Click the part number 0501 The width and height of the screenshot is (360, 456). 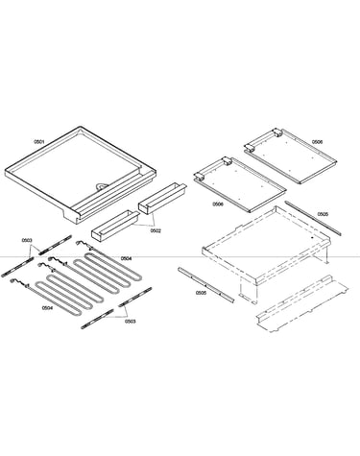[x=39, y=141]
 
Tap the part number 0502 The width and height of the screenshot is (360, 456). [x=156, y=230]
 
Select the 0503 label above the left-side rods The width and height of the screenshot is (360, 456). [x=27, y=240]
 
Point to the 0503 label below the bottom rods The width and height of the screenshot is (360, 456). [x=131, y=321]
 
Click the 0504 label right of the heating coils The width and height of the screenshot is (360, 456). [x=126, y=258]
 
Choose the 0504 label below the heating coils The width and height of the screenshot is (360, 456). [x=47, y=307]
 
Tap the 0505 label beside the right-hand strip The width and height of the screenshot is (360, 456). [x=323, y=214]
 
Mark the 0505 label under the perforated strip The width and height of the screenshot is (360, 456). [x=201, y=293]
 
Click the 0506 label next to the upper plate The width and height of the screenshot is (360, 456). [x=318, y=141]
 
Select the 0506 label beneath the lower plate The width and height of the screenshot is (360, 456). [x=218, y=204]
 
